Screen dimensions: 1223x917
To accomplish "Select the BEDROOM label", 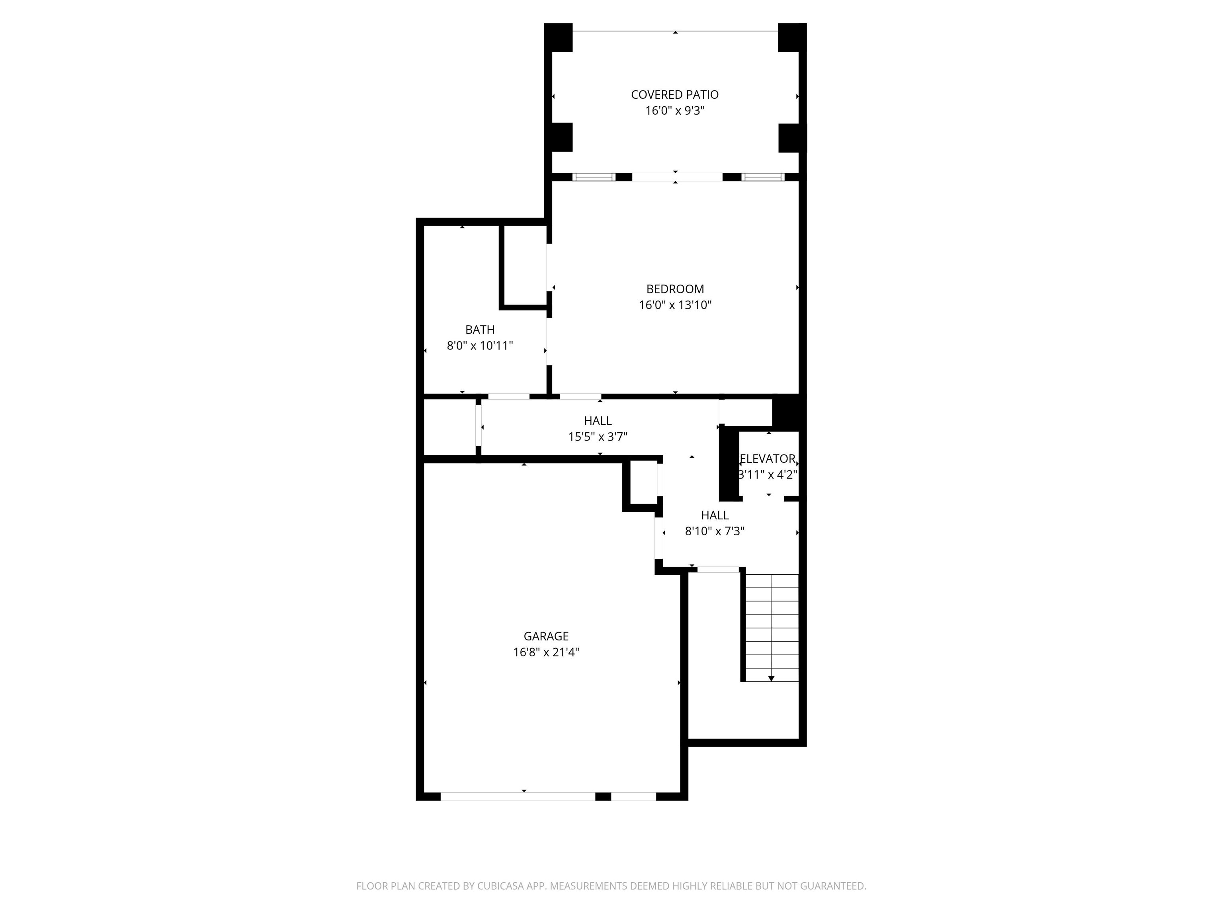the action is coord(675,289).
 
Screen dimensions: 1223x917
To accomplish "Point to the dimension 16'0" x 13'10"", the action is coord(675,304).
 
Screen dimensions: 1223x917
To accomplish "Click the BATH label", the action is coord(480,330).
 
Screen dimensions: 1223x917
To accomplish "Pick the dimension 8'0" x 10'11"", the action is coord(480,346).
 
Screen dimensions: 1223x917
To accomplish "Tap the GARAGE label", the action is coord(546,636).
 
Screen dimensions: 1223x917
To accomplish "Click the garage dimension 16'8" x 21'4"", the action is coord(546,652).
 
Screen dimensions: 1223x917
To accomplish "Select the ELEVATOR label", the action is coord(768,459).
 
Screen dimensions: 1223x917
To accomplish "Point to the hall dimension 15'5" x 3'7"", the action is coord(598,437).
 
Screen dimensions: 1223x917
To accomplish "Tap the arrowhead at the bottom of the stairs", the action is coord(771,678).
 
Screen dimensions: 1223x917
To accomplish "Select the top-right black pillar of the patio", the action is coord(792,37).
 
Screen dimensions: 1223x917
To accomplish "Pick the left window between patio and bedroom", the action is coord(594,177).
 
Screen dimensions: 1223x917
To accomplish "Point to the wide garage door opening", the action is coord(518,796).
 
